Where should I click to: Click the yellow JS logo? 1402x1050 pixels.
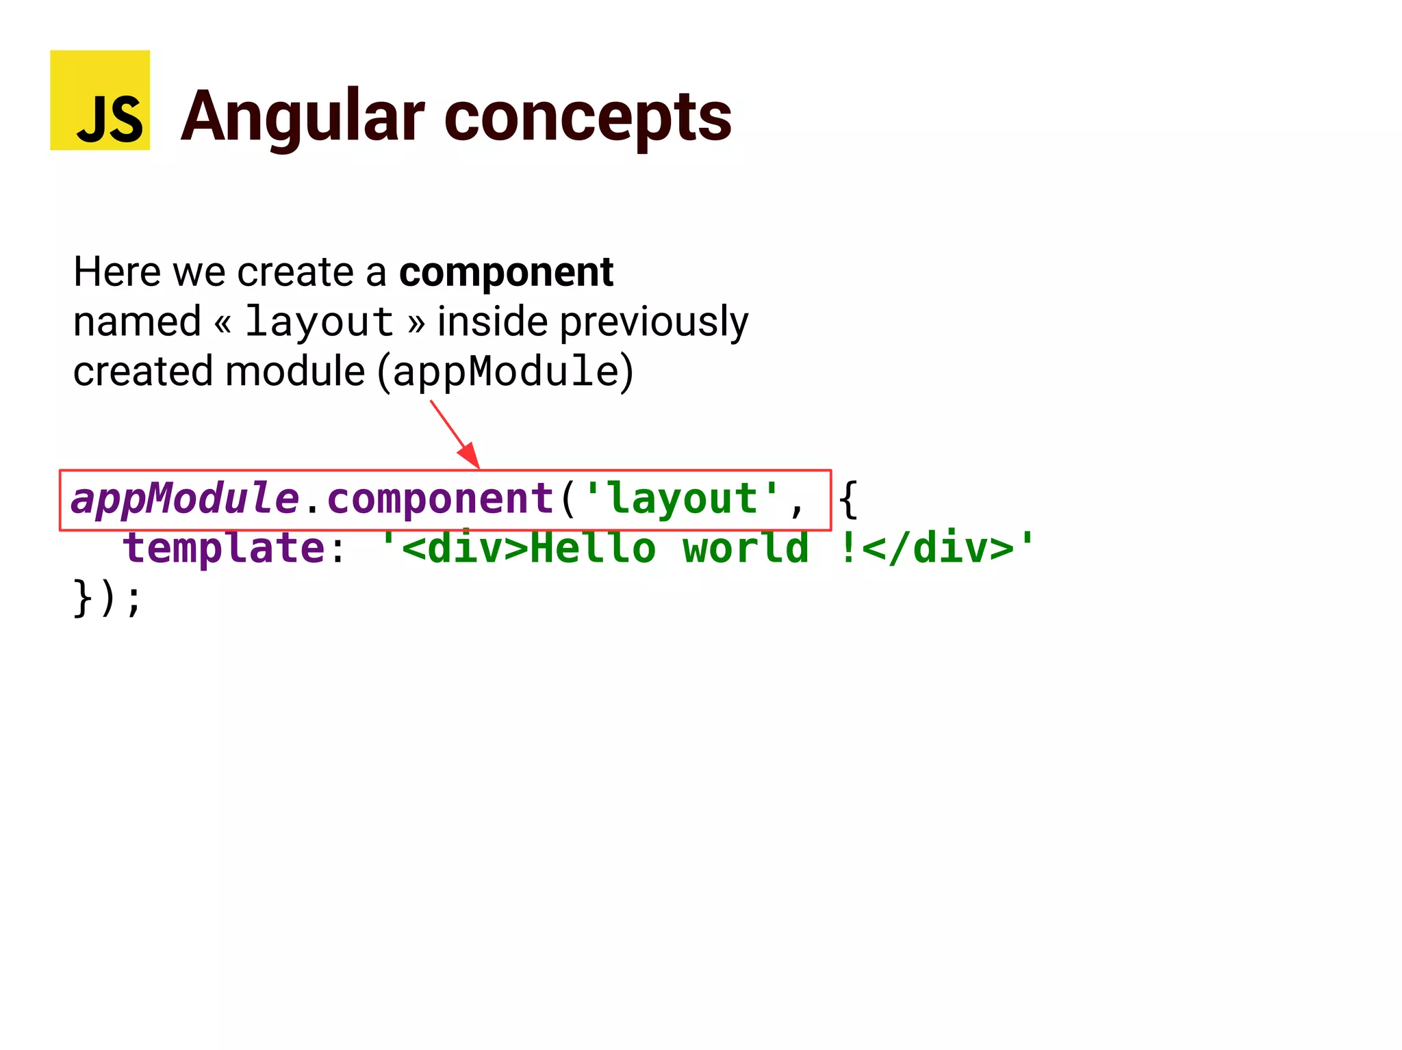click(x=100, y=100)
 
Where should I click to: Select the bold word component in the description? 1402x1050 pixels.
click(x=506, y=272)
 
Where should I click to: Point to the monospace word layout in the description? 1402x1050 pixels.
click(x=319, y=321)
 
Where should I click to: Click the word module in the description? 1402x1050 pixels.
click(x=295, y=371)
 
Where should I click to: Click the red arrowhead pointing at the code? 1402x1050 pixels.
click(x=470, y=456)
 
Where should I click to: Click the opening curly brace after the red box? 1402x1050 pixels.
click(x=847, y=499)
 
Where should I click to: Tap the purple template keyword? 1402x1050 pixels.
click(x=224, y=548)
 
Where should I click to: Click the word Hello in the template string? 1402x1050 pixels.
click(x=593, y=548)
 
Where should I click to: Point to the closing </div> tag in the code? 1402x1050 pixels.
click(x=938, y=548)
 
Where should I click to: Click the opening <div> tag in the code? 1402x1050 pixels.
click(x=466, y=548)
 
